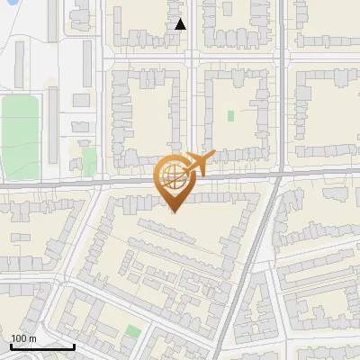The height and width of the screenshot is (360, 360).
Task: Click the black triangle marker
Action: (x=180, y=24)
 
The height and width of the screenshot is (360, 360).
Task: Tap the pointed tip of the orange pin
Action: (x=173, y=211)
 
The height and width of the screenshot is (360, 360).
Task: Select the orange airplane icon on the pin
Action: (x=200, y=163)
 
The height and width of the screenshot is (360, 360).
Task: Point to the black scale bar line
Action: (x=42, y=346)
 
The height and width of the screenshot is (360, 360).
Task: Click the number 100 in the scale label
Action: (x=19, y=338)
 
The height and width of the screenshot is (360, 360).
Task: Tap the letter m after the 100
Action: (x=32, y=338)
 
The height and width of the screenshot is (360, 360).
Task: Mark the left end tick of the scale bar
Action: (x=11, y=346)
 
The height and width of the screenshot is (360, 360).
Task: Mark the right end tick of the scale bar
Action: (x=75, y=346)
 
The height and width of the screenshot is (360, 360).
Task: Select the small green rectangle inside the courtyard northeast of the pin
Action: (x=230, y=116)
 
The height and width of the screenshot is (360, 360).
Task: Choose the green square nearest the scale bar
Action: (x=133, y=332)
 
